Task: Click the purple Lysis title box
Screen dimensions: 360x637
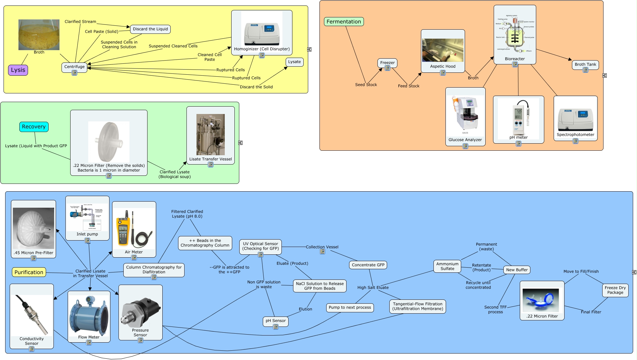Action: tap(18, 70)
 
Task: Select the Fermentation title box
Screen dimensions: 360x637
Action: tap(344, 22)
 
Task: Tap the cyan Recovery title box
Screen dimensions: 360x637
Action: tap(34, 127)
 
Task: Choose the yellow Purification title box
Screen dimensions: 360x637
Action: tap(29, 272)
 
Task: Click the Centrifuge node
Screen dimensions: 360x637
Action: tap(74, 67)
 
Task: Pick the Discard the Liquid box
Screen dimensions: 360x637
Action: tap(150, 29)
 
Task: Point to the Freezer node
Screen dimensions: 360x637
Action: tap(387, 62)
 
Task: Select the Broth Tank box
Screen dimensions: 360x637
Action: tap(585, 64)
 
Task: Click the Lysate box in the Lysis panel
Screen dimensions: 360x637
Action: tap(294, 62)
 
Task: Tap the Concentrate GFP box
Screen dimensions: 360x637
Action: tap(368, 265)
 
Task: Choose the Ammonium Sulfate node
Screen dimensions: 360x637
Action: tap(447, 266)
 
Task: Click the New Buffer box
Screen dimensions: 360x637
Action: tap(517, 270)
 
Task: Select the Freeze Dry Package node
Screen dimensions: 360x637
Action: tap(615, 290)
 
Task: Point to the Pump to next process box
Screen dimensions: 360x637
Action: tap(350, 308)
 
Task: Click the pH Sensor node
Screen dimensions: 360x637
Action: tap(275, 321)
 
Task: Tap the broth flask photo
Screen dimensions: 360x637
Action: tap(39, 34)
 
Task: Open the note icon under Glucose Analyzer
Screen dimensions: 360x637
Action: tap(465, 146)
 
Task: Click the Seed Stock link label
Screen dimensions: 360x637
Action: tap(366, 85)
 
